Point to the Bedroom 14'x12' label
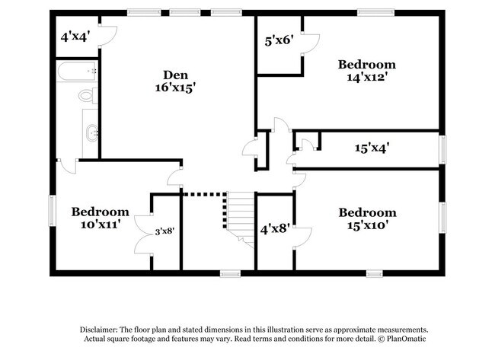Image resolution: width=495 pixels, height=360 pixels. pos(367,71)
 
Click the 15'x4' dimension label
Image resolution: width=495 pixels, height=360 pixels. pos(371,149)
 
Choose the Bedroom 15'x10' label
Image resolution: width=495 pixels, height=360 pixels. pos(367,218)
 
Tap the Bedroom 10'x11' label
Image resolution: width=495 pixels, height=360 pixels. pos(100,218)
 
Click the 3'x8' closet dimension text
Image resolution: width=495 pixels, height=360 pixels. pos(165,231)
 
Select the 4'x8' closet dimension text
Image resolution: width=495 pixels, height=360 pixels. pos(274,228)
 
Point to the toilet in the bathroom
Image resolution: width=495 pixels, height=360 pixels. pos(88,96)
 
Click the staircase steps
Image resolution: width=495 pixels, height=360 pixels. pos(240,217)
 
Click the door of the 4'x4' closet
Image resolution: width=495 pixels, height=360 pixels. pos(107,35)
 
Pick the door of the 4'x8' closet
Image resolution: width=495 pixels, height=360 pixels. pos(302,237)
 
